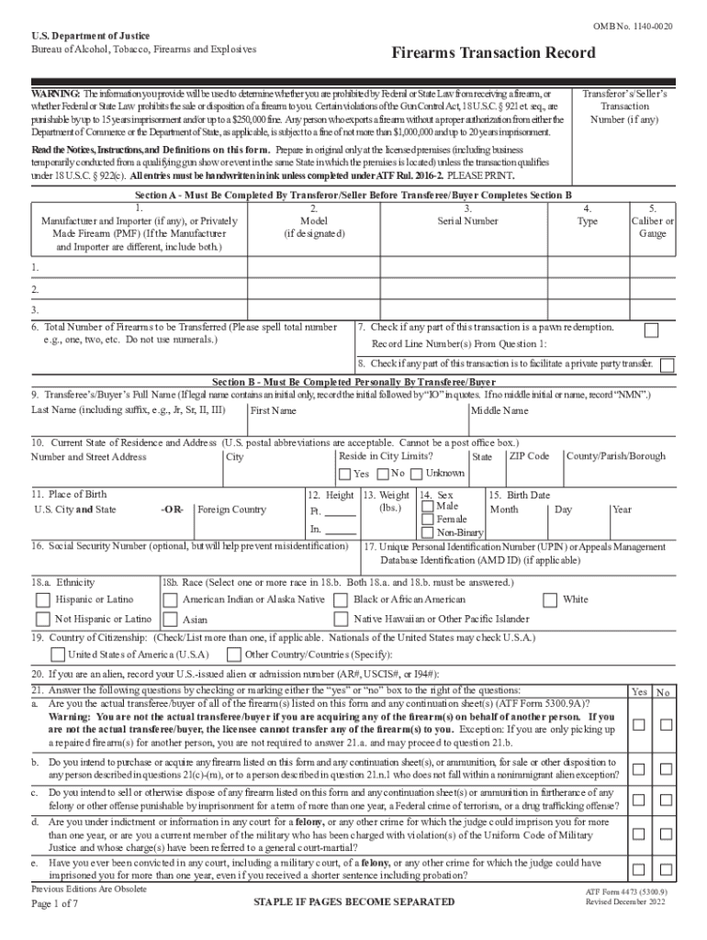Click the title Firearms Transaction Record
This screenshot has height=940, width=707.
[x=481, y=53]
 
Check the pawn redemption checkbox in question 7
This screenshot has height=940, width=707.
[x=651, y=330]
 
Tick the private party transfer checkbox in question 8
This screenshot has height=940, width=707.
[x=667, y=364]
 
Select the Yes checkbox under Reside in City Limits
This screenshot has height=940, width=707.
[x=344, y=475]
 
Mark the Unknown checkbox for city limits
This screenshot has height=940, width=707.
[x=417, y=474]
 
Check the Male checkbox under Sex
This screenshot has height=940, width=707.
[x=428, y=506]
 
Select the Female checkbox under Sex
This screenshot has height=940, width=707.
[x=428, y=520]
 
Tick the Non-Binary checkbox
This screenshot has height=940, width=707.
[x=428, y=532]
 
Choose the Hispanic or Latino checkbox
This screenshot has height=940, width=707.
[x=43, y=600]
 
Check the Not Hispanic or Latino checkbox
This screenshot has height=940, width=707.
[x=43, y=621]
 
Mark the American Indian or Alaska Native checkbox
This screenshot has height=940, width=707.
[x=170, y=600]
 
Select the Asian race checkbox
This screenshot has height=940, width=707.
[x=170, y=621]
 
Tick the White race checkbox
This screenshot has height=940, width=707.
[x=550, y=600]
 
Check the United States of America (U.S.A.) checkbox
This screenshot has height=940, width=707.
[x=58, y=655]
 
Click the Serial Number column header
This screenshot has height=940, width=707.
[x=468, y=221]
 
